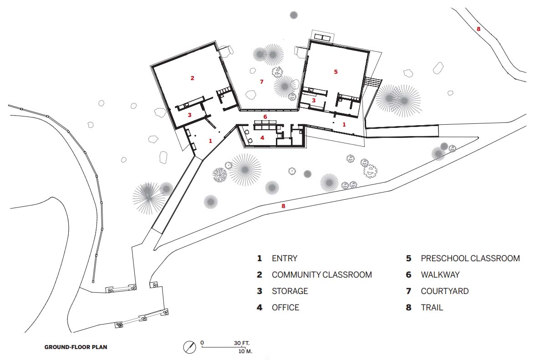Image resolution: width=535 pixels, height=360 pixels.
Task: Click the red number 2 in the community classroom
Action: coord(193,78)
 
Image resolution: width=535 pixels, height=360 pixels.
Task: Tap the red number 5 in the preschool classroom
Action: coord(336,71)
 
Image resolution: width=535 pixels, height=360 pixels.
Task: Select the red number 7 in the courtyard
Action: coord(262,82)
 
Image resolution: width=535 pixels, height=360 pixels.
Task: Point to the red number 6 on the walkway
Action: coord(265,117)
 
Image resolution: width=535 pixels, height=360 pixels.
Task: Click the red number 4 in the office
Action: coord(262,138)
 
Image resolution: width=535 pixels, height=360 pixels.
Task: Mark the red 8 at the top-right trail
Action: coord(479,29)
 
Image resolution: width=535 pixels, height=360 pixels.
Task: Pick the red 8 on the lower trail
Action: coord(283,206)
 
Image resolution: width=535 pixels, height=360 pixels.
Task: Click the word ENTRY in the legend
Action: coord(285,259)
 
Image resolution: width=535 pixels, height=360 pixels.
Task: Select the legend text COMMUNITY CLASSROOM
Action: coord(322,275)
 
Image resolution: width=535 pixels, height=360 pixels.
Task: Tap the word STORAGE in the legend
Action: coord(290,291)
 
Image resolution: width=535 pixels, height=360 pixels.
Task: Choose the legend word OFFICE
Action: coord(285,308)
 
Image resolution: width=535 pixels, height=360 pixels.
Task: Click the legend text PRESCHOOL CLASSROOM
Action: coord(470,259)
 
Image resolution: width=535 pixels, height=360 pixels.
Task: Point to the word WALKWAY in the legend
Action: coord(440,275)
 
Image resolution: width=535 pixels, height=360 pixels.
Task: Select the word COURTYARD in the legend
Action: coord(444,291)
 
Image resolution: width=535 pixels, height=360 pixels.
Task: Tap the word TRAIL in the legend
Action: coord(432,308)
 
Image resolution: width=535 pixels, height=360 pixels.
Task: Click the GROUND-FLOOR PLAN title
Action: coord(76,347)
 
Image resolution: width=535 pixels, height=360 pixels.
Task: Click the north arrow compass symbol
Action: coord(189,347)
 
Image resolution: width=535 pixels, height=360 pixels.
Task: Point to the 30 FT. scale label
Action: coord(242,343)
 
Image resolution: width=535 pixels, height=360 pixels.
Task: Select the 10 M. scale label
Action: coord(245,351)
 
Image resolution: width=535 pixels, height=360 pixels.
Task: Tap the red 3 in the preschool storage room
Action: coord(314,101)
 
